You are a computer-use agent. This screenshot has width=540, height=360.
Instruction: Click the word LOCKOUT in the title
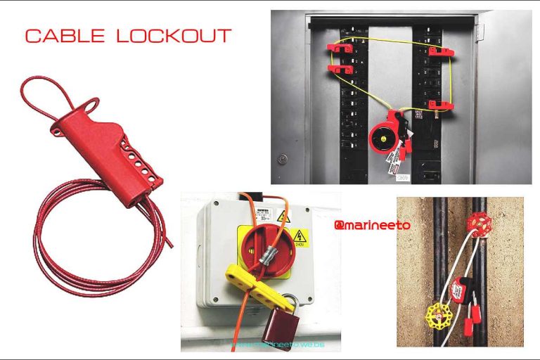click(174, 36)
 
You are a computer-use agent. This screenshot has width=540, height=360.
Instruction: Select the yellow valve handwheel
click(437, 317)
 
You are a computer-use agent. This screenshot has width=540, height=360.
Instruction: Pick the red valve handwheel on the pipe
click(478, 225)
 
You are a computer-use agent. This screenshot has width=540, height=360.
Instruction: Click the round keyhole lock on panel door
click(283, 158)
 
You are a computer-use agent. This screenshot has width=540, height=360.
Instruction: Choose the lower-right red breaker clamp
click(441, 105)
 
